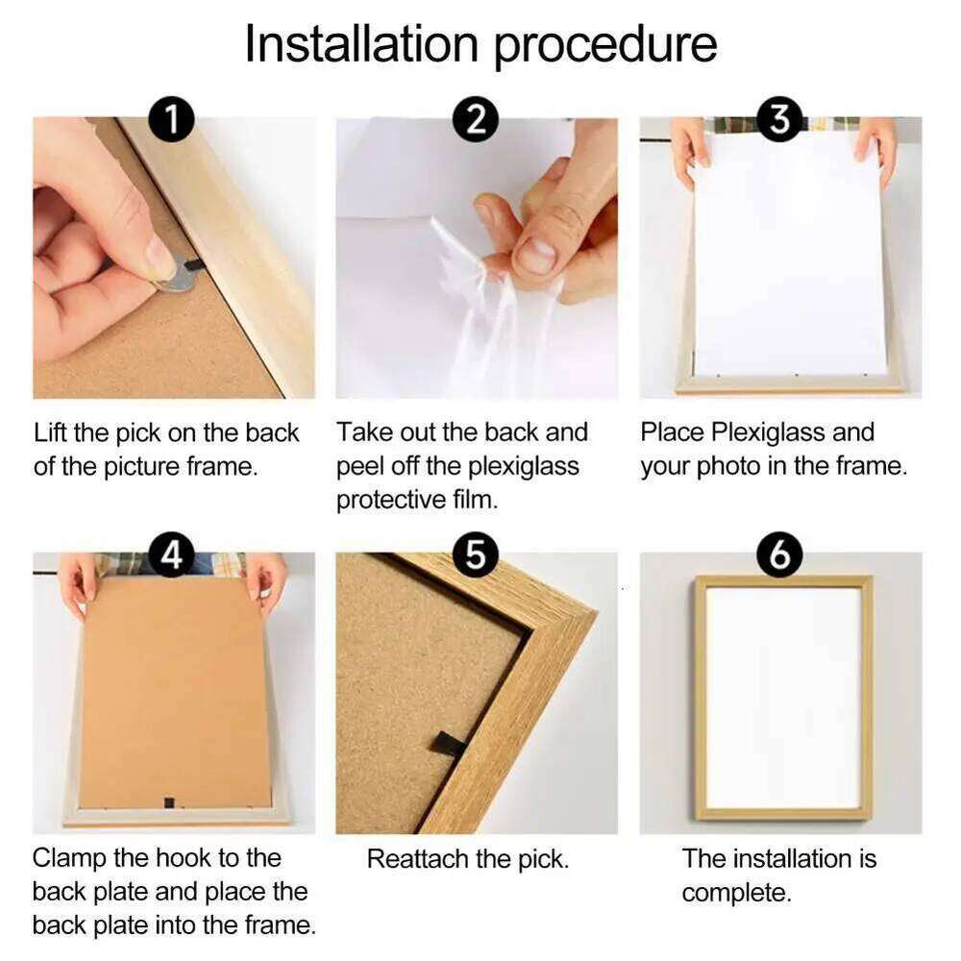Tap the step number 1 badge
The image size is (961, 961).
coord(172,121)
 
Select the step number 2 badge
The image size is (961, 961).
coord(476,121)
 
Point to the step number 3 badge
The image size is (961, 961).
coord(779,121)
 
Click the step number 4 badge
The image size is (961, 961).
coord(172,557)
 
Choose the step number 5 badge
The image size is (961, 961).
coord(476,557)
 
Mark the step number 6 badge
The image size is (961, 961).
coord(779,557)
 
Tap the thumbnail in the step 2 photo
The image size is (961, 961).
coord(536,256)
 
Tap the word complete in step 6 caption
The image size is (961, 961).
coord(735,893)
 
